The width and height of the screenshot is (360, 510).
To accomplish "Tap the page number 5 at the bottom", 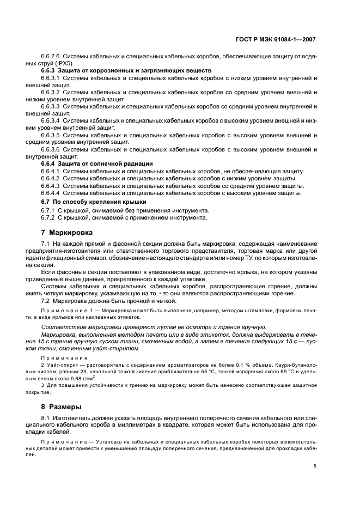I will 315,466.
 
